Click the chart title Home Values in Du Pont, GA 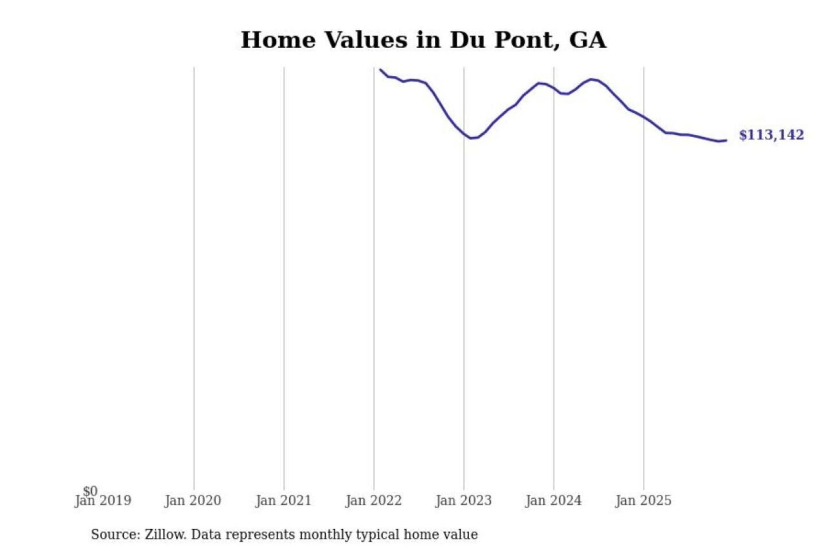pyautogui.click(x=423, y=40)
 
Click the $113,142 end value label pyautogui.click(x=771, y=135)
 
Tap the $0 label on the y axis pyautogui.click(x=90, y=491)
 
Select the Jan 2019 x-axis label pyautogui.click(x=103, y=501)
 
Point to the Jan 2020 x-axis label pyautogui.click(x=193, y=501)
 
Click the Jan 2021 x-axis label pyautogui.click(x=283, y=501)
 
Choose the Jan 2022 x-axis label pyautogui.click(x=373, y=501)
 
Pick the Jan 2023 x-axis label pyautogui.click(x=463, y=501)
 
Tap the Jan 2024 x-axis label pyautogui.click(x=554, y=501)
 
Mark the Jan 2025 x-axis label pyautogui.click(x=643, y=501)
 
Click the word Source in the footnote pyautogui.click(x=114, y=534)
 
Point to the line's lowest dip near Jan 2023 pyautogui.click(x=471, y=138)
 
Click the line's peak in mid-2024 pyautogui.click(x=591, y=79)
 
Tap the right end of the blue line pyautogui.click(x=726, y=141)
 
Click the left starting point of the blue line pyautogui.click(x=380, y=69)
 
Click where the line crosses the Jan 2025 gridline pyautogui.click(x=644, y=117)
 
